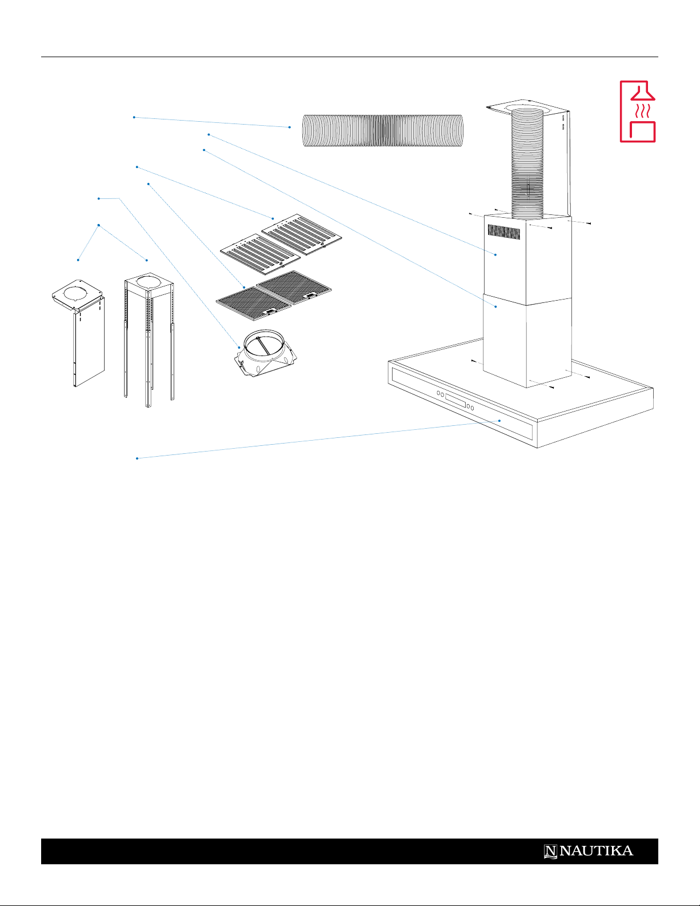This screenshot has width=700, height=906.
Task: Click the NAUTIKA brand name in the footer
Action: [596, 851]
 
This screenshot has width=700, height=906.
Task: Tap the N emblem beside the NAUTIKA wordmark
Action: [550, 851]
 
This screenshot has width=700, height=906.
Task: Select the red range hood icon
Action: [638, 111]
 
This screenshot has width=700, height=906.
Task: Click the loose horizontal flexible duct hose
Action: [383, 130]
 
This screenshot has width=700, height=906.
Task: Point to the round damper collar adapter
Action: [265, 353]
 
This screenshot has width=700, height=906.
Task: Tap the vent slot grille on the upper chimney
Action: [504, 232]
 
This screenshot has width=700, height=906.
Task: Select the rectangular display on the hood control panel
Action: [455, 400]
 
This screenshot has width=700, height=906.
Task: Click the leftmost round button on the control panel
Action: [438, 393]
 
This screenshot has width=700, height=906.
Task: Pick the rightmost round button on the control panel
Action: [472, 408]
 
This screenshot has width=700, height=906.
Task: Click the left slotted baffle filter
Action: [260, 254]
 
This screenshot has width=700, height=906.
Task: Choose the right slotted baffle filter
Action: [302, 234]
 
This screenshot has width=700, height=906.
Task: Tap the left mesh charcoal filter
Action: [253, 304]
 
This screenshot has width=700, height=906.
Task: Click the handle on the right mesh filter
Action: [310, 296]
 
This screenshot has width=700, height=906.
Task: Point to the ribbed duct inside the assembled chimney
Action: [527, 162]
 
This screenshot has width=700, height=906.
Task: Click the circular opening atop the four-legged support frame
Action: [149, 282]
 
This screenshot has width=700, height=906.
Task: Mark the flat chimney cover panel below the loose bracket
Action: [89, 342]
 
